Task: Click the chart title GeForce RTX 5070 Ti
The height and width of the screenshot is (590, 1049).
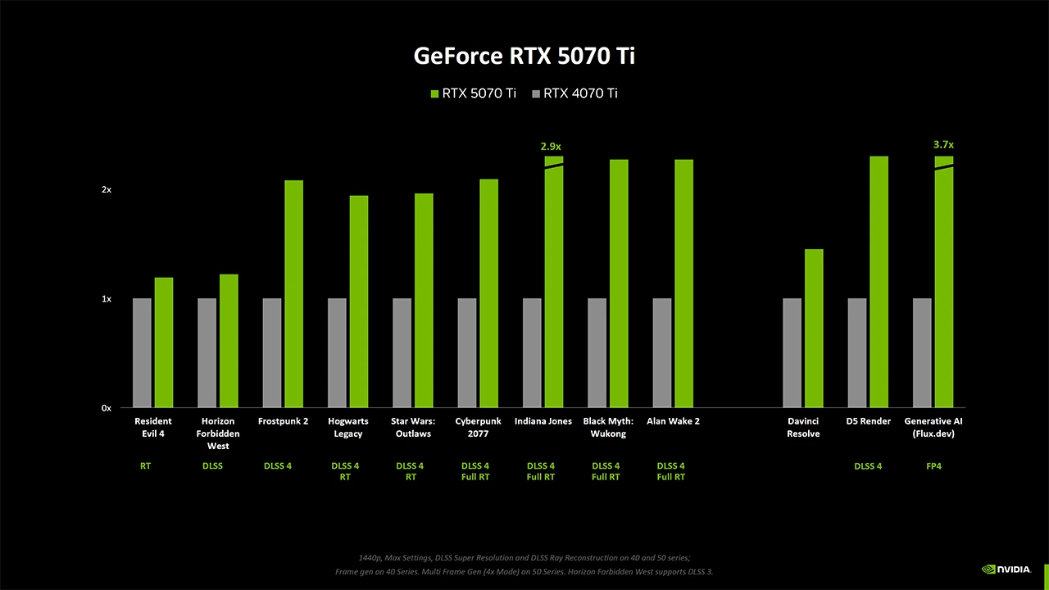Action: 524,56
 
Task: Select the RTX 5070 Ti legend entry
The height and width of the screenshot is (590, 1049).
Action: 474,93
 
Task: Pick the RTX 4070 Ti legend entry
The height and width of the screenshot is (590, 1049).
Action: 575,93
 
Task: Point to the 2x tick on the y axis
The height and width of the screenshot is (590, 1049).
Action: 106,189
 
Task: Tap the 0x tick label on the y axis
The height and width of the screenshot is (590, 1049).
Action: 106,408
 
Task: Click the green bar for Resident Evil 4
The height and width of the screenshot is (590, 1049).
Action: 164,343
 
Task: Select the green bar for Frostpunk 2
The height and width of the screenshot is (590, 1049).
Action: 293,293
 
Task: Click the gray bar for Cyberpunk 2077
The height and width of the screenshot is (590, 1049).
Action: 466,353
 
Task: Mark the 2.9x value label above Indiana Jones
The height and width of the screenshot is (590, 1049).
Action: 551,146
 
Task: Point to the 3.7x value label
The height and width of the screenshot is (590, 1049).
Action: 943,144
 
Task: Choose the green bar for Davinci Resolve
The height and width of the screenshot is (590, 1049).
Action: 814,328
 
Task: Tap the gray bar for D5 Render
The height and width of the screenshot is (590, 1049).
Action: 857,353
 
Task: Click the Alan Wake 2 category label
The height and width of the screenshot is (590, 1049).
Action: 673,421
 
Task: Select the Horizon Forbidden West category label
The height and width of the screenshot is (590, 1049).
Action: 218,433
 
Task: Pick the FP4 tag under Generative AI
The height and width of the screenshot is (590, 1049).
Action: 933,466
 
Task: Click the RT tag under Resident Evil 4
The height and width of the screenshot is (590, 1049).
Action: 145,466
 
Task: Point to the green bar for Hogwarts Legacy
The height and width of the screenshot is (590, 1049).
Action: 359,302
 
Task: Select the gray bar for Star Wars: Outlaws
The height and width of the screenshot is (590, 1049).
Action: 402,353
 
